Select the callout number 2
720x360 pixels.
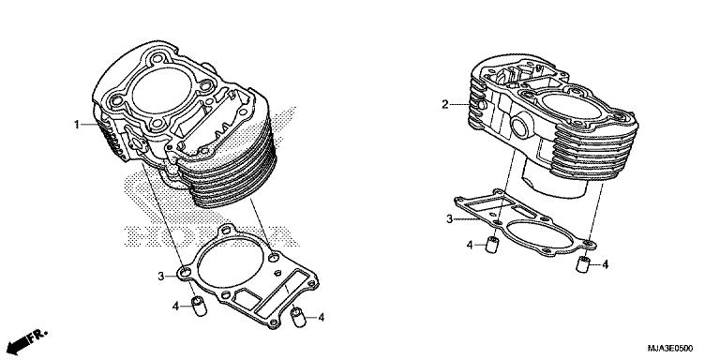(446, 104)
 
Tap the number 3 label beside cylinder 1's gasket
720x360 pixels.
(160, 276)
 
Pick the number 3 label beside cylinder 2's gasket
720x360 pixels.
(449, 218)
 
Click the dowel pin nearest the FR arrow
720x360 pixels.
(198, 307)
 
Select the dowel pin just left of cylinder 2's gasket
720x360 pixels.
(489, 247)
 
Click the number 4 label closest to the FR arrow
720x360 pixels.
(174, 307)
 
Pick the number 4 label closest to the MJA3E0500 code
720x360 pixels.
(606, 265)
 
